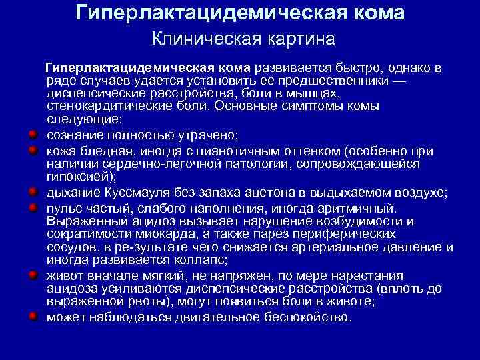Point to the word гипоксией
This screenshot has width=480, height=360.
[x=78, y=177]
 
